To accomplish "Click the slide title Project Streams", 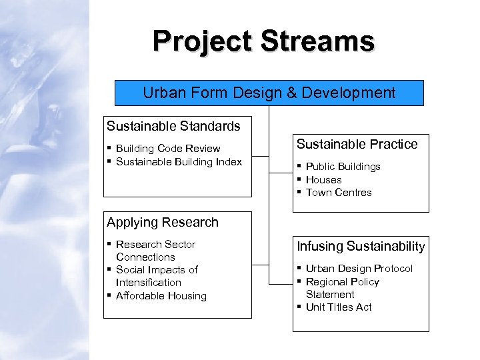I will [x=263, y=41].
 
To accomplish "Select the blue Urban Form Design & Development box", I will [x=269, y=93].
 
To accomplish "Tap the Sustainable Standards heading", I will [x=173, y=125].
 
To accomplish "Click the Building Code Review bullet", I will [x=168, y=149].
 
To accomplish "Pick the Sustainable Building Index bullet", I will [x=179, y=162].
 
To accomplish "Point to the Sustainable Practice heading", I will [x=357, y=144].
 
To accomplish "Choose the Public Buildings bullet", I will [x=343, y=167].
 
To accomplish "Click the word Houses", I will [x=323, y=180].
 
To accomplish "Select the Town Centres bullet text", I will [x=339, y=193].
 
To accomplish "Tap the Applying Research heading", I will [x=163, y=222].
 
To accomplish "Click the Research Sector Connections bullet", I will [x=155, y=251].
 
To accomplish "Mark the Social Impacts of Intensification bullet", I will [x=157, y=276].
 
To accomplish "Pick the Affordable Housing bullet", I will [x=161, y=296].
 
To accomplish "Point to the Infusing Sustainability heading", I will [x=361, y=247].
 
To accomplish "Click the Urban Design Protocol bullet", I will [x=359, y=269].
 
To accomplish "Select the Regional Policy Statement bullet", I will [x=342, y=288].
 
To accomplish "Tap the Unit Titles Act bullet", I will [x=339, y=307].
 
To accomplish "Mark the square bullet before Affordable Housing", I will [x=109, y=295].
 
